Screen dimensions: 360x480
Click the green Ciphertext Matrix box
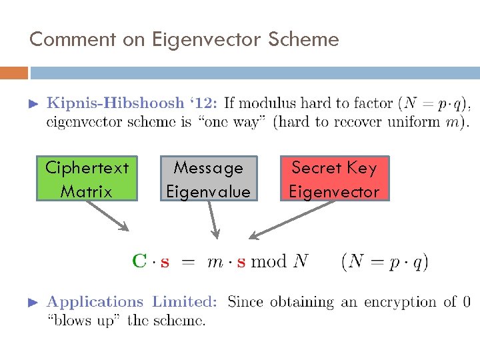[86, 179]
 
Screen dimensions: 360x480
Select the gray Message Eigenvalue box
[208, 179]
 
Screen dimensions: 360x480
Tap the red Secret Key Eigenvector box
[333, 179]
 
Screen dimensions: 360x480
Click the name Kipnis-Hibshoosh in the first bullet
[114, 103]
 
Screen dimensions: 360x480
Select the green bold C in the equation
[139, 261]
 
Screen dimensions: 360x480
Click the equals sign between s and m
[189, 261]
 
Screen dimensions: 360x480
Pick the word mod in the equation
[269, 261]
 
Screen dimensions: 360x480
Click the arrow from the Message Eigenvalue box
[213, 219]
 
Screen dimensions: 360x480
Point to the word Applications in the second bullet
[95, 302]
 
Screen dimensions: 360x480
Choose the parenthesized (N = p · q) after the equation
[385, 261]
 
